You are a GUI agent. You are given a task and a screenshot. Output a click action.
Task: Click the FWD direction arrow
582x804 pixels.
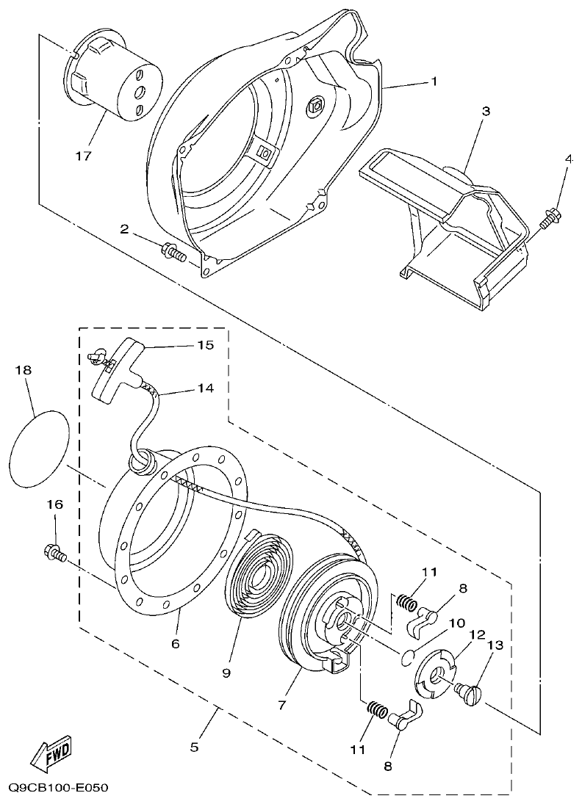[x=51, y=753]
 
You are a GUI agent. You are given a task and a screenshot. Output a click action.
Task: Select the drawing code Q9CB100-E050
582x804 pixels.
[x=59, y=788]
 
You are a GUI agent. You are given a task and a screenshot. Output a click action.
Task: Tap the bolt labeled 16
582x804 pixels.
[x=54, y=553]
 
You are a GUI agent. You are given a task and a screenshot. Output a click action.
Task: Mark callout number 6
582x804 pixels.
[x=175, y=643]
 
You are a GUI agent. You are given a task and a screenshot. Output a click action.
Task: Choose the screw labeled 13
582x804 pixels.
[x=471, y=692]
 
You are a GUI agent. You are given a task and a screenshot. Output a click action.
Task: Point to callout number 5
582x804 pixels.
[x=194, y=747]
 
